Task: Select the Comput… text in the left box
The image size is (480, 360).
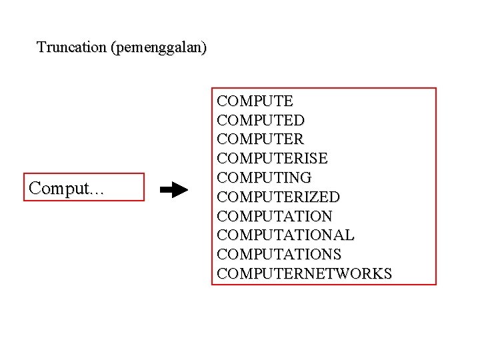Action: [x=67, y=189]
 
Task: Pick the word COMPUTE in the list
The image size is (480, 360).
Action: [x=255, y=101]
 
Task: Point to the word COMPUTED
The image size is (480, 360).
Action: [x=261, y=121]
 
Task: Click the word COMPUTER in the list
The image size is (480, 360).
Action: [x=261, y=140]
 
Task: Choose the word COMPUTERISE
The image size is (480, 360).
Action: [x=273, y=159]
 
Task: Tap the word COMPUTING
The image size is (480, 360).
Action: [x=265, y=178]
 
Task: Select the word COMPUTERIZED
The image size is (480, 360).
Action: [x=279, y=197]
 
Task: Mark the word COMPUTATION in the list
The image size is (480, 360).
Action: [x=275, y=217]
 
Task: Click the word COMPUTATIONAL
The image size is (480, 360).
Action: [x=286, y=235]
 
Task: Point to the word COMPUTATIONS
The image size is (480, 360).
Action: [x=279, y=255]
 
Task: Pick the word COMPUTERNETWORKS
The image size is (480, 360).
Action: [x=305, y=274]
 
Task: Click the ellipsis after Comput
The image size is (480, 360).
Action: [x=97, y=193]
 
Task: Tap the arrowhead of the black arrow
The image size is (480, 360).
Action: [x=183, y=190]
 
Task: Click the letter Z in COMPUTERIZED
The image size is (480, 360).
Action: [x=313, y=197]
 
